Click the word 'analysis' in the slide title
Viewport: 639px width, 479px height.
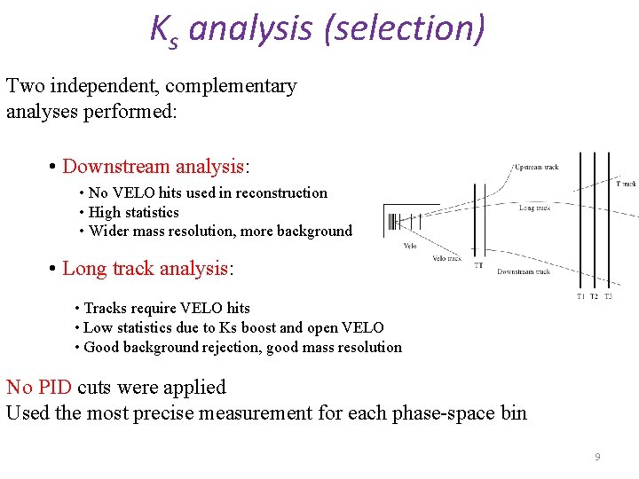[250, 28]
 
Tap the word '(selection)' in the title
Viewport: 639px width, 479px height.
[405, 28]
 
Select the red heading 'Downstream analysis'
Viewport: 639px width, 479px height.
[153, 167]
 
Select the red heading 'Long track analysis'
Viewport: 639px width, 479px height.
[144, 269]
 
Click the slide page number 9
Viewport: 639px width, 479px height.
[597, 457]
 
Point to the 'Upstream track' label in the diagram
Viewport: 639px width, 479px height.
[535, 167]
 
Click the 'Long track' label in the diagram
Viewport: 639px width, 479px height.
[534, 208]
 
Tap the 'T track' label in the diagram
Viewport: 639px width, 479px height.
[627, 184]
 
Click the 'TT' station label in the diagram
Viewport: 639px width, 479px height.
[478, 264]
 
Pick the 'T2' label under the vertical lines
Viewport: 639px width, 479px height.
[594, 296]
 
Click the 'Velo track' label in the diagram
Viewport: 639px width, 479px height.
[446, 258]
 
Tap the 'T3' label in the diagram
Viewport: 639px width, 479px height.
[608, 296]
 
